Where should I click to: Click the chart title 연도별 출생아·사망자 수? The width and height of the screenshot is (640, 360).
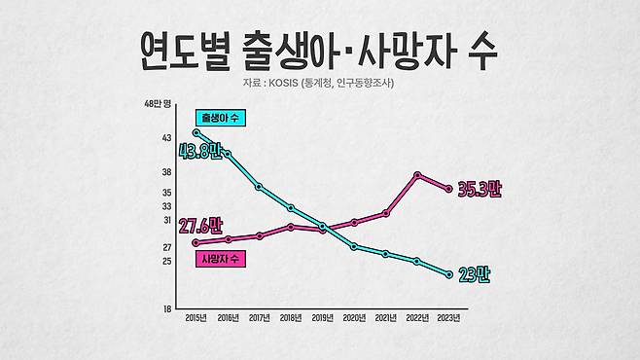[x=318, y=51]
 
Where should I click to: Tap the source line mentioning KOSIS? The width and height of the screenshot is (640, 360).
[x=318, y=83]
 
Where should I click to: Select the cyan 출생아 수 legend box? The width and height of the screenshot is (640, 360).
[x=221, y=118]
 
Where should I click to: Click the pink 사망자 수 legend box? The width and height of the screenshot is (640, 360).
[x=221, y=259]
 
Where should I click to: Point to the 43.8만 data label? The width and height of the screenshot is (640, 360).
[x=200, y=152]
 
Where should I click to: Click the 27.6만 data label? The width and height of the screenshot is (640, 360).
[x=200, y=227]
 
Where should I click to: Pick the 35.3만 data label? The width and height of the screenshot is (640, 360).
[x=480, y=189]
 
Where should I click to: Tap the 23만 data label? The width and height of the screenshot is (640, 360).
[x=474, y=274]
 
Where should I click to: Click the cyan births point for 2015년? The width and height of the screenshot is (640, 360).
[x=196, y=132]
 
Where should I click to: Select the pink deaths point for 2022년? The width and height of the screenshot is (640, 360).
[x=417, y=175]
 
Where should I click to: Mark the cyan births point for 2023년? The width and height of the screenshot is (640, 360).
[x=449, y=274]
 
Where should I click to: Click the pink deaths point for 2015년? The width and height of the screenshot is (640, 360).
[x=196, y=243]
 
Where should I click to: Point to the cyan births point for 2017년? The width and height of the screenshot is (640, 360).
[x=259, y=187]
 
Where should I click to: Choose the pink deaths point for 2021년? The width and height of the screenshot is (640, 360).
[x=386, y=213]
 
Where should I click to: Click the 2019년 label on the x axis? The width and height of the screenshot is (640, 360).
[x=323, y=318]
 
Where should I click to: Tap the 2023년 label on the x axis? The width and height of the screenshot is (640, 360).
[x=448, y=318]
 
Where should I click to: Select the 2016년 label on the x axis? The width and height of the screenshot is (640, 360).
[x=229, y=318]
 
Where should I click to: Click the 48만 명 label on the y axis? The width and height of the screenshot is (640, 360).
[x=158, y=104]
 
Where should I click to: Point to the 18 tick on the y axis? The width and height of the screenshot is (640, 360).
[x=167, y=309]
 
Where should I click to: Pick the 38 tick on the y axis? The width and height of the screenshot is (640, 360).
[x=166, y=172]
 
